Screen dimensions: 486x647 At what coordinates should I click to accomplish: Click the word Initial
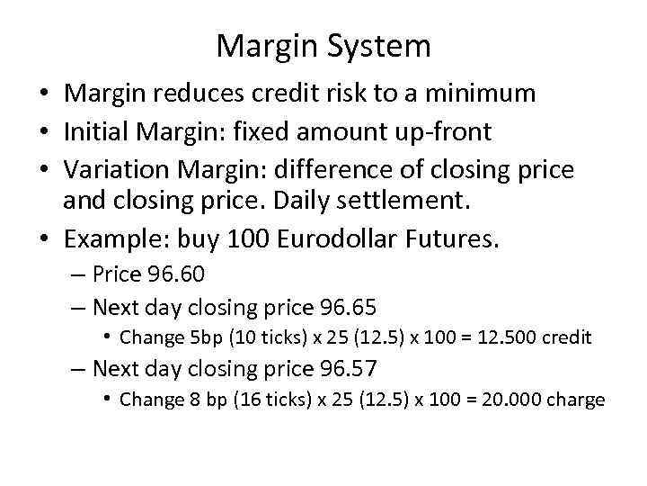pos(97,132)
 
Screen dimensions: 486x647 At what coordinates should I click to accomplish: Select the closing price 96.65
pos(347,308)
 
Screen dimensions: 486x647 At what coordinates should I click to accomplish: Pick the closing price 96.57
pos(347,368)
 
